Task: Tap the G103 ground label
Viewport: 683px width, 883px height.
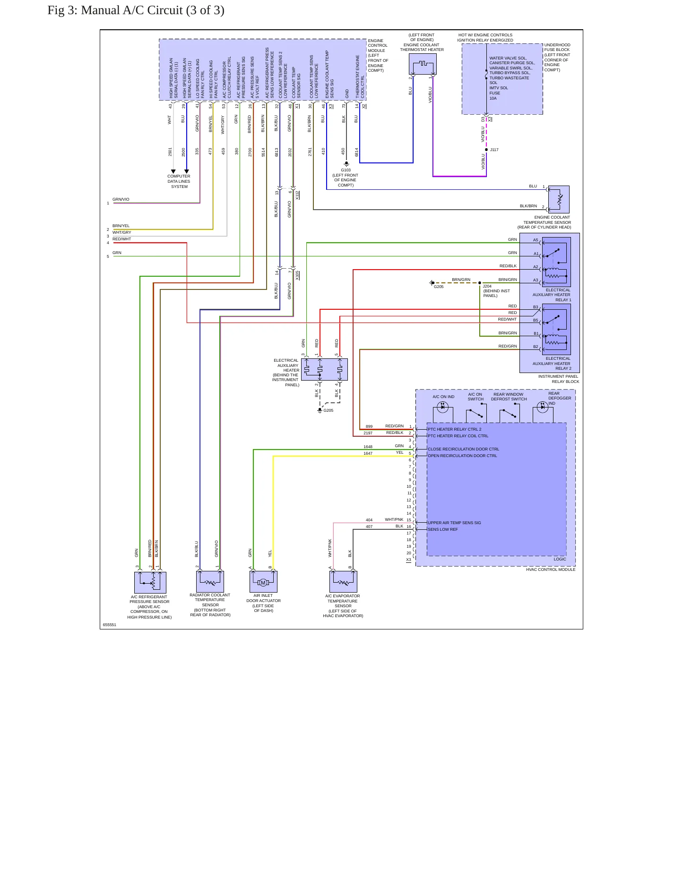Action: tap(346, 170)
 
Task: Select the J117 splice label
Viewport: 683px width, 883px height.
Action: tap(494, 150)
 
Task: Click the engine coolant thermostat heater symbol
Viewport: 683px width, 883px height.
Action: tap(423, 64)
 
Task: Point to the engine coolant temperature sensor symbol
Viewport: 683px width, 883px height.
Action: tap(559, 199)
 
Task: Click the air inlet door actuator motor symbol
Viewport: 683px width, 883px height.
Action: tap(263, 582)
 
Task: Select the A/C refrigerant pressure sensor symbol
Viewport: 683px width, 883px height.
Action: tap(150, 583)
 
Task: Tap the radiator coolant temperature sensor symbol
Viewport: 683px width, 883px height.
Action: tap(210, 581)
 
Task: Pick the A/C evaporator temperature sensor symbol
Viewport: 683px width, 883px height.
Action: tap(343, 582)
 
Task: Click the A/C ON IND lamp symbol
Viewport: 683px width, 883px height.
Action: tap(442, 407)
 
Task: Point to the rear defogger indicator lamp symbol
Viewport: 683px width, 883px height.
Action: tap(543, 407)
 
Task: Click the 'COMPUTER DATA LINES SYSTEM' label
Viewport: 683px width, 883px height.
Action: tap(179, 181)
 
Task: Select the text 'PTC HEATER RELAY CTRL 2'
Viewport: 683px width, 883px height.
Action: tap(455, 429)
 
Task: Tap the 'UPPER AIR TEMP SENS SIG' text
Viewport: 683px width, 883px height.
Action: tap(454, 523)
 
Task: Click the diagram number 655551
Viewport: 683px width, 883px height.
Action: tap(110, 625)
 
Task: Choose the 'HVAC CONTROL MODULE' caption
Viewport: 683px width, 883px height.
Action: tap(551, 569)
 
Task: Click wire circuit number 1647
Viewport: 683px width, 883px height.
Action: tap(368, 453)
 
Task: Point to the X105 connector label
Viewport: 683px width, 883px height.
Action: tap(297, 275)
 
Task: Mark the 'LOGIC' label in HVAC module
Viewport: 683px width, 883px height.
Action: tap(560, 559)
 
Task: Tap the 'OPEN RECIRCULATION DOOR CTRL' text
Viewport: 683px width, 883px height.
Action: tap(462, 456)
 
